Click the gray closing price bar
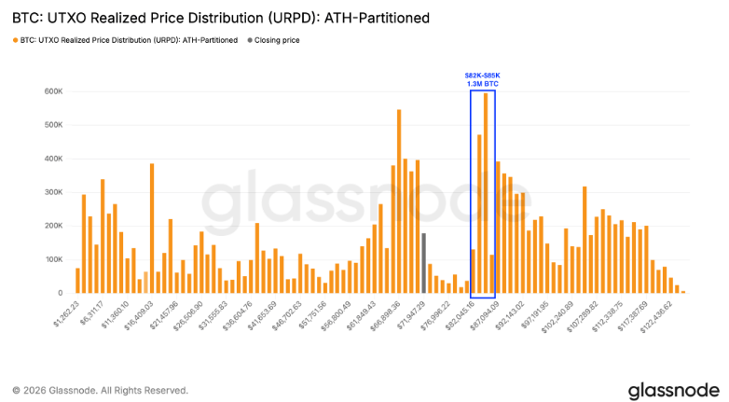(x=423, y=263)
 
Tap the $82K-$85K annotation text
(x=483, y=75)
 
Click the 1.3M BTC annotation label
(x=483, y=84)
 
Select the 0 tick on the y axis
(x=59, y=293)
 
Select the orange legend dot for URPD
(x=15, y=40)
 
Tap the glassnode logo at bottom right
(x=672, y=388)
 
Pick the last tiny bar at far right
(x=683, y=292)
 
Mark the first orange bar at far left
(x=77, y=281)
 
